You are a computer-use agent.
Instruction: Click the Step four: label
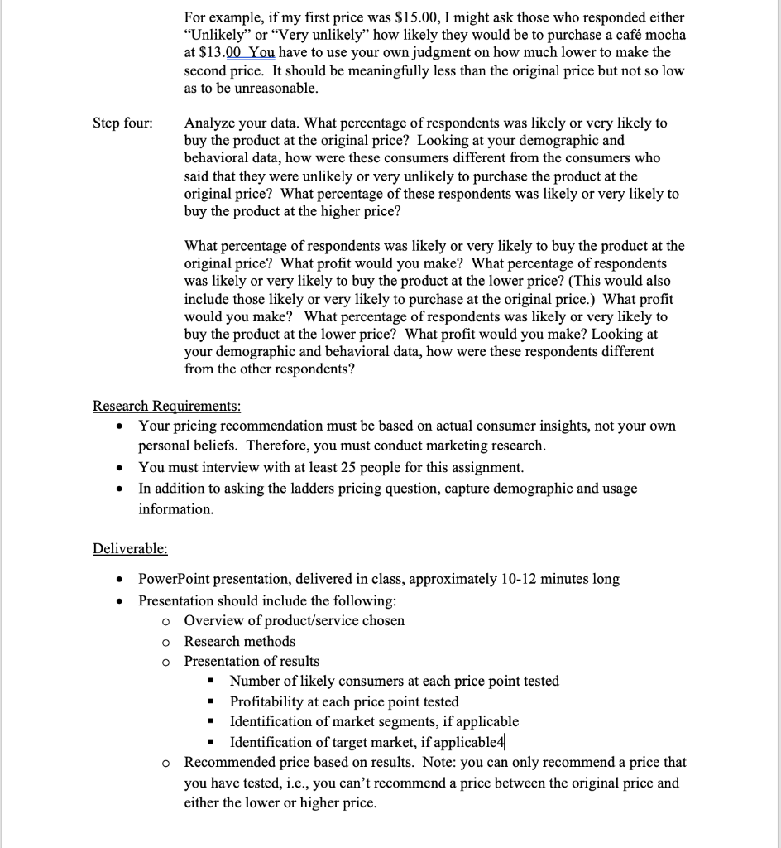pos(122,123)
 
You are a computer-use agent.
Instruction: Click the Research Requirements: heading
pos(167,406)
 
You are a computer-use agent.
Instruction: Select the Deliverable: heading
pos(130,548)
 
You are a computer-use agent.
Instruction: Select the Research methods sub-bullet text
pos(239,641)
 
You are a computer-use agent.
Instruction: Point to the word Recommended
pos(227,762)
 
